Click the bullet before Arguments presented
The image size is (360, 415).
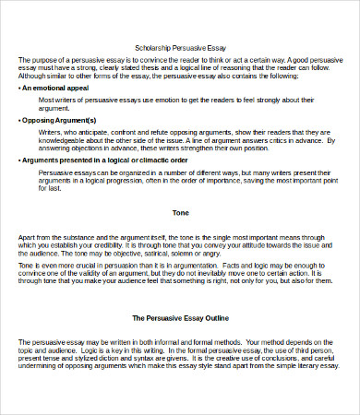[x=19, y=160]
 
